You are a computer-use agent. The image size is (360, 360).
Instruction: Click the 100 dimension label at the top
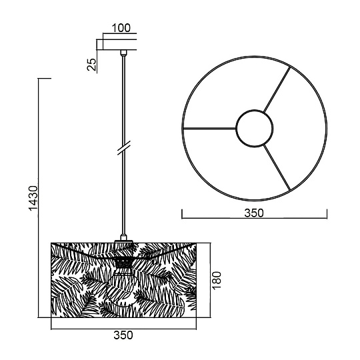pos(121,28)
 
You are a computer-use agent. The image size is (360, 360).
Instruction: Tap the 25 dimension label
pos(91,64)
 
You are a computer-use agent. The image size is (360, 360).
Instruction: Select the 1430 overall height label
pos(33,198)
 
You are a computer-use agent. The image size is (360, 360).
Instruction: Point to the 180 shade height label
pos(217,280)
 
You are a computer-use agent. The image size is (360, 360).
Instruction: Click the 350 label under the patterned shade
pos(123,335)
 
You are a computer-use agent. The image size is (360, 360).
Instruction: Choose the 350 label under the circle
pos(254,213)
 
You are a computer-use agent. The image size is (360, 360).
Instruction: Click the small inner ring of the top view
pos(255,110)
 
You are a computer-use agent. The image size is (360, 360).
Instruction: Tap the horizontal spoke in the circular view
pos(209,128)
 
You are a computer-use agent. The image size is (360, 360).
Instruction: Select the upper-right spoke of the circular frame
pos(277,89)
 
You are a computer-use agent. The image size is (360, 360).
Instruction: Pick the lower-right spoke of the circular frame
pos(277,167)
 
